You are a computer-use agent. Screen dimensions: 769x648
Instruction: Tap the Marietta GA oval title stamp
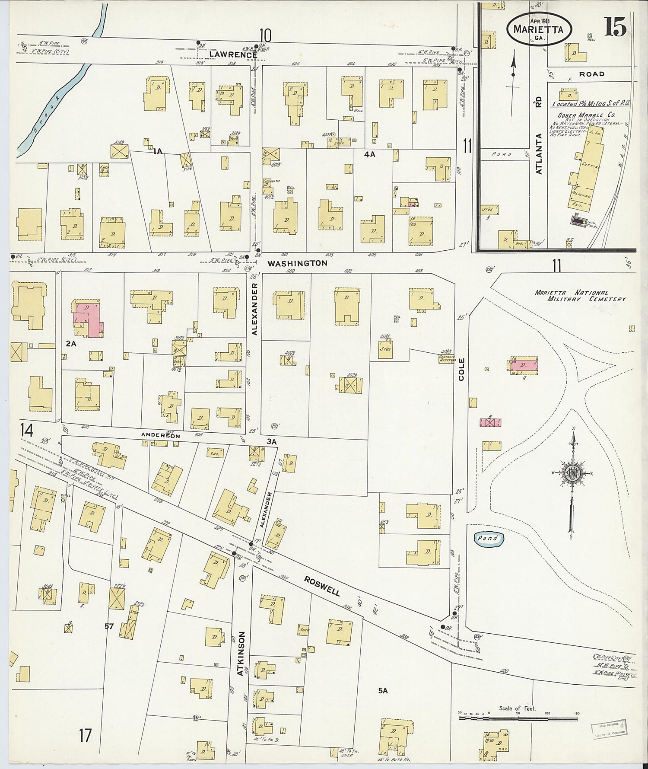coord(539,29)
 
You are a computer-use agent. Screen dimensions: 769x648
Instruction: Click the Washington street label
coord(297,263)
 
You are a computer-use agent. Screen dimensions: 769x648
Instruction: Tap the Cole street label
coord(461,369)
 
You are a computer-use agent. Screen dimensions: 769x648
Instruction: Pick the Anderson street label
coord(161,436)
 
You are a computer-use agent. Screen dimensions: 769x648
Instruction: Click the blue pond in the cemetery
coord(489,539)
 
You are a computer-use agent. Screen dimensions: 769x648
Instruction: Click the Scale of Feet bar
coord(518,718)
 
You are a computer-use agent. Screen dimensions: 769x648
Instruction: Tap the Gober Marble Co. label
coord(586,115)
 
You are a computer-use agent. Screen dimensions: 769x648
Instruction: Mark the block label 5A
coord(383,691)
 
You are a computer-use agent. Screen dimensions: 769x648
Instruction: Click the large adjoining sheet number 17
coord(85,735)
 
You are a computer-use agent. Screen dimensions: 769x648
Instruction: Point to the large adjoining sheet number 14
coord(27,430)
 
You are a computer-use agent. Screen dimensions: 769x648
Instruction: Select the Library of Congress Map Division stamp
coord(608,730)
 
